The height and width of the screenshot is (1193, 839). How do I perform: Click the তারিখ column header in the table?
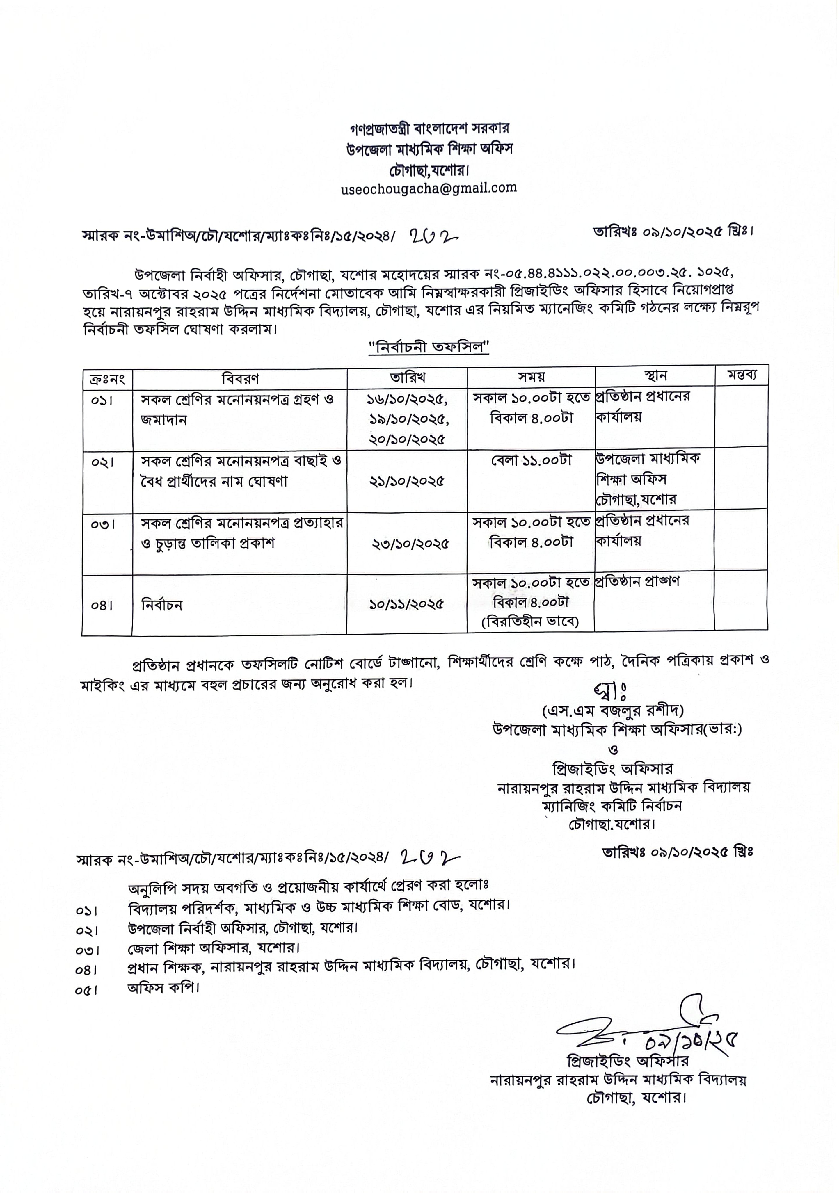coord(407,377)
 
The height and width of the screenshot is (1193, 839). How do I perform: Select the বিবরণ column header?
coord(240,378)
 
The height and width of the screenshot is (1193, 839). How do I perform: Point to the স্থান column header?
coord(655,376)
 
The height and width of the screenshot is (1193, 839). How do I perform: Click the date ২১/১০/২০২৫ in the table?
coord(407,481)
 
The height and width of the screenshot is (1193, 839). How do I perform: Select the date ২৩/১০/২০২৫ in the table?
coord(410,544)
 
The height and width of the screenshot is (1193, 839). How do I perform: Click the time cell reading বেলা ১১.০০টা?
coord(531,460)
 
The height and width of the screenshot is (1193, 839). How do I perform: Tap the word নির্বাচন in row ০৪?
coord(162,605)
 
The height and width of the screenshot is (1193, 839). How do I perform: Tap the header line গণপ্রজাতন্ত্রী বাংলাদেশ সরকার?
coord(429,127)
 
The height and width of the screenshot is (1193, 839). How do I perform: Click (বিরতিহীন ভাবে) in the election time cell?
coord(530,622)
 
